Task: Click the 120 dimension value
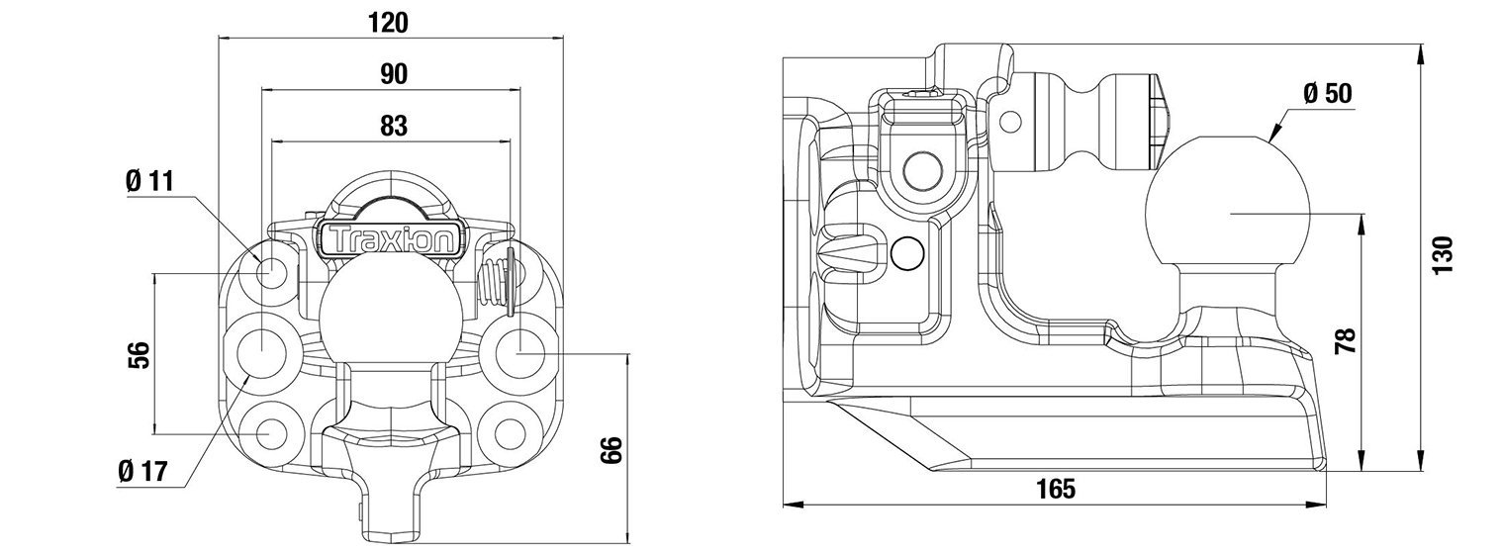pos(389,21)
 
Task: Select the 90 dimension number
pos(393,74)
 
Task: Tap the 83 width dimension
pos(393,126)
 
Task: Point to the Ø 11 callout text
pos(149,181)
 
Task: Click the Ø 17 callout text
pos(140,472)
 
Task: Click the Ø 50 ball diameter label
pos(1327,94)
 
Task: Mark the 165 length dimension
pos(1057,488)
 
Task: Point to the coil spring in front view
pos(492,286)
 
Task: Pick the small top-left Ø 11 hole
pos(273,271)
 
